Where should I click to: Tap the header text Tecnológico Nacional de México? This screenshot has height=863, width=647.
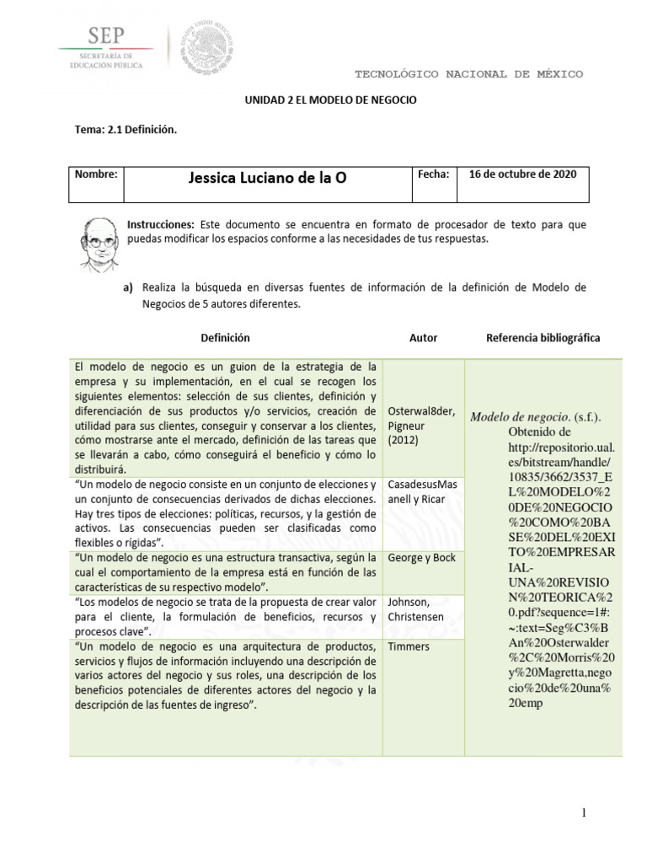pos(468,74)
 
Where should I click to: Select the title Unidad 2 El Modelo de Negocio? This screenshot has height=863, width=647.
pos(330,99)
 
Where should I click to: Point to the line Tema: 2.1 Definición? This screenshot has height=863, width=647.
pos(126,130)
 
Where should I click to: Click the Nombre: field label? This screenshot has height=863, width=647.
pos(96,174)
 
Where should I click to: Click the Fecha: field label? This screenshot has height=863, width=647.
pos(434,174)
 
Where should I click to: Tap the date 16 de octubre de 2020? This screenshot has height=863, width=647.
pos(522,174)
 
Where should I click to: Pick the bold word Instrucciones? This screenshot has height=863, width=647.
pos(160,225)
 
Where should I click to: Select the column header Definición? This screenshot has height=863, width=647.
pos(225,337)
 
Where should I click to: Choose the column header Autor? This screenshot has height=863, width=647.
pos(423,338)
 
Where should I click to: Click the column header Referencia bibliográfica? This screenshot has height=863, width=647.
pos(543,337)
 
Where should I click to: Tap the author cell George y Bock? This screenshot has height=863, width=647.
pos(421,558)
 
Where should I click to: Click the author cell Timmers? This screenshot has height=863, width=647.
pos(409,646)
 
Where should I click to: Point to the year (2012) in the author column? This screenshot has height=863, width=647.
pos(404,440)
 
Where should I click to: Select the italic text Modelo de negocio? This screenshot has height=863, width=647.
pos(519,417)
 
